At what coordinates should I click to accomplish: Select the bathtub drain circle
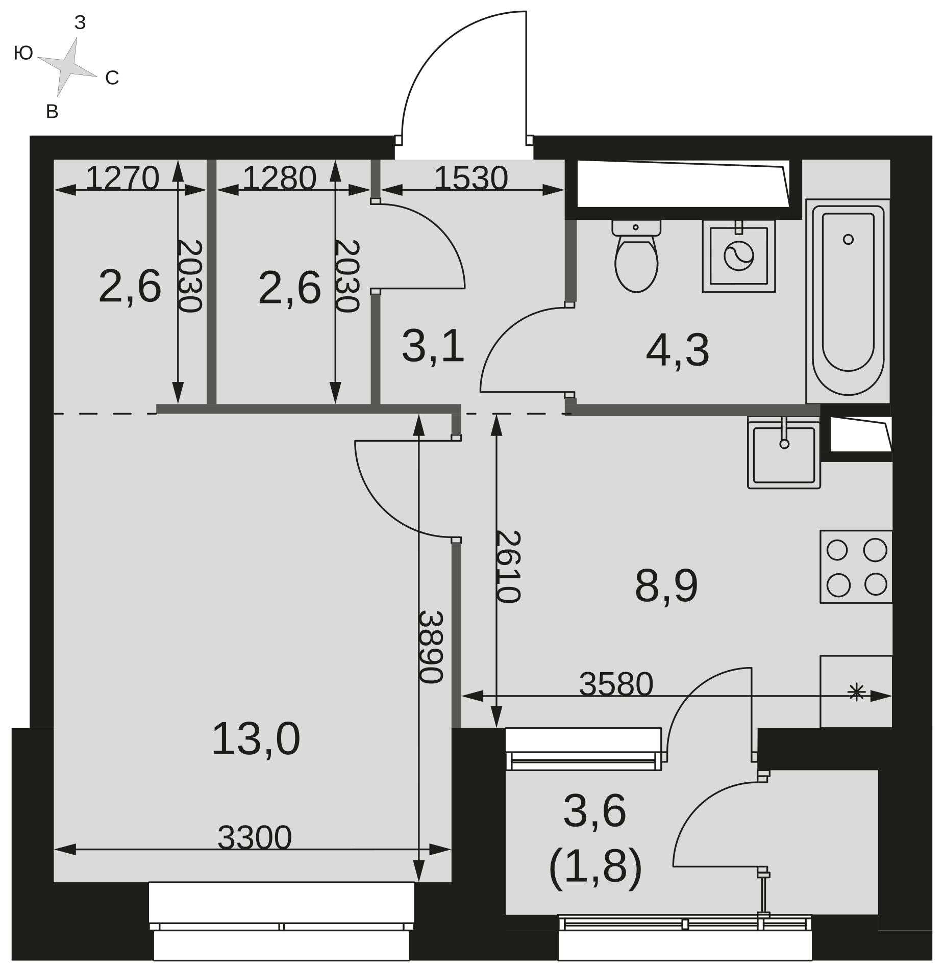pos(848,239)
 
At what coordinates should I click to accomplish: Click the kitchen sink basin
pos(784,453)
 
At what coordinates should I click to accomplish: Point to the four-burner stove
pos(856,567)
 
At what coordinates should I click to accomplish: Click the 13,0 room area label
pos(256,738)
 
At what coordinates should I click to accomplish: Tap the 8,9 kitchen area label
pos(666,586)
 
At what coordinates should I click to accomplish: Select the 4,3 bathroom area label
pos(678,350)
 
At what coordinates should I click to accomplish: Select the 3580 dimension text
pos(616,684)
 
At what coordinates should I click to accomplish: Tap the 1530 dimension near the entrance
pos(471,178)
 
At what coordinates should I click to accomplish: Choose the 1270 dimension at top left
pos(122,178)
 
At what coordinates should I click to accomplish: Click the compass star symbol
pos(67,66)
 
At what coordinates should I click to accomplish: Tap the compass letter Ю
pos(23,53)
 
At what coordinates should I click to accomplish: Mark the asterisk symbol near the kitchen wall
pos(856,693)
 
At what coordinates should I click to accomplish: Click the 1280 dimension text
pos(279,178)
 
